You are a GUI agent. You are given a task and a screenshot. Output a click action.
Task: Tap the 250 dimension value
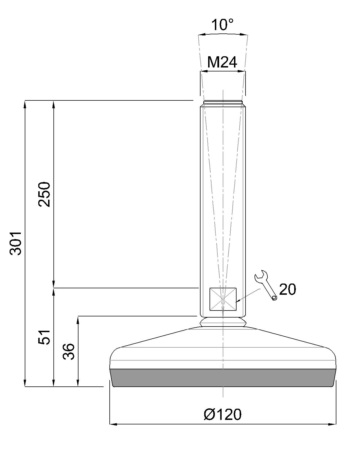(44, 194)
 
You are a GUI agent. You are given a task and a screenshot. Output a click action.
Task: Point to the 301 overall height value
(16, 243)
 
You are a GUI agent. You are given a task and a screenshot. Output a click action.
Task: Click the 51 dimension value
(44, 337)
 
